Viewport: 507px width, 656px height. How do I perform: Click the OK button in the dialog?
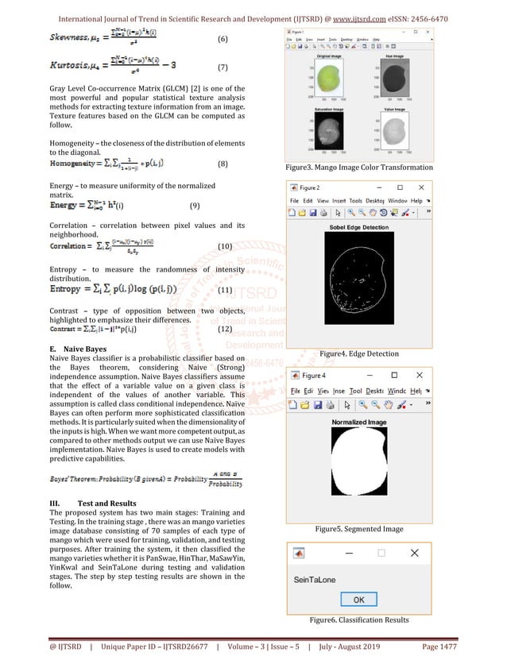(358, 600)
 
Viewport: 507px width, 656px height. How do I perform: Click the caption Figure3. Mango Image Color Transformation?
(359, 168)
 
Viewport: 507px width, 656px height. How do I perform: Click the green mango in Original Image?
(326, 78)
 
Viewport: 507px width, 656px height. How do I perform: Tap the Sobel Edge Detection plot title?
(358, 228)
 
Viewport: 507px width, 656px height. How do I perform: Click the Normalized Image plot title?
(358, 422)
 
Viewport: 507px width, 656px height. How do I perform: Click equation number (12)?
(224, 329)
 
